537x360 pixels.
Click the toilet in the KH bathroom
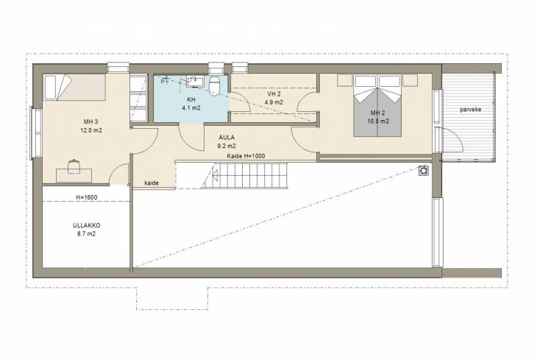[214, 85]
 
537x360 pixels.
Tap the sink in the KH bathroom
[195, 82]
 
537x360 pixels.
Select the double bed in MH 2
[377, 106]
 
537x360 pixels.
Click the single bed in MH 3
[74, 88]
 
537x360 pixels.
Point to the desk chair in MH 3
[74, 167]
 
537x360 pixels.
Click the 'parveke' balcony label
[471, 110]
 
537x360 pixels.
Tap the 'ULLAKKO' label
[87, 225]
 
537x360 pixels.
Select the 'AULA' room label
[227, 138]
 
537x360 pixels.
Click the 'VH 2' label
[274, 93]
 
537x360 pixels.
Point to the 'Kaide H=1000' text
[246, 156]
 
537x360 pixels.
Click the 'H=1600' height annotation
[87, 197]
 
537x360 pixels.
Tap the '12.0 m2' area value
[91, 130]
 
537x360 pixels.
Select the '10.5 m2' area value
[378, 121]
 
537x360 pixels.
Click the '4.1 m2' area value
[191, 108]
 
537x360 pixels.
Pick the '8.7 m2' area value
[86, 234]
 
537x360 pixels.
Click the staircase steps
[244, 175]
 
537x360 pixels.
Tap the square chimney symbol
[424, 170]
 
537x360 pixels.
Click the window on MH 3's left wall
[35, 133]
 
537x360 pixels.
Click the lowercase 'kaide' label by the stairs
[152, 183]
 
